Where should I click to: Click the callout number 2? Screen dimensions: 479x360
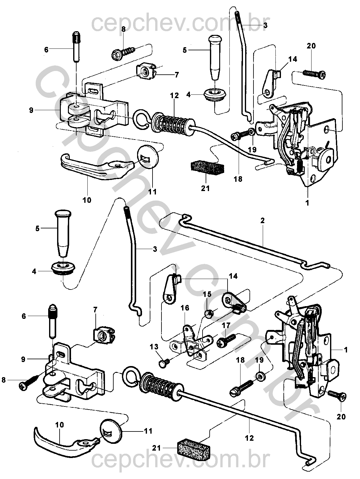[x=262, y=220]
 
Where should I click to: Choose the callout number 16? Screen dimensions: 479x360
[x=185, y=308]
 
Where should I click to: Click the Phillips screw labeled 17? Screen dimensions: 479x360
[x=226, y=340]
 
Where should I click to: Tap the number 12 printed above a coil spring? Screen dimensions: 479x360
[x=174, y=96]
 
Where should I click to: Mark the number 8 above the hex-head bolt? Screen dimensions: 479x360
[x=123, y=30]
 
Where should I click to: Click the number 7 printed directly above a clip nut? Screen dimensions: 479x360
[x=95, y=316]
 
